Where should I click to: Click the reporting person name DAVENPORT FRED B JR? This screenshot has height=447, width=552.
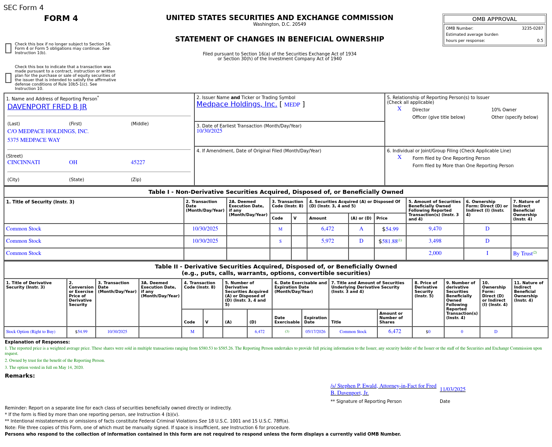point(47,107)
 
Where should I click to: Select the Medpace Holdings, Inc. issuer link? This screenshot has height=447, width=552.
point(237,104)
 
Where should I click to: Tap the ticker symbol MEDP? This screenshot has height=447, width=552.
point(292,105)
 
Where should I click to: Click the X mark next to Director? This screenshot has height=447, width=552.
point(399,109)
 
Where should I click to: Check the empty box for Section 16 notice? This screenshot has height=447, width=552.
point(8,48)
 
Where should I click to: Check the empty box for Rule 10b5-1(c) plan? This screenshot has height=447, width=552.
point(8,78)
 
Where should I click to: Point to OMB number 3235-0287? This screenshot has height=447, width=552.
point(532,28)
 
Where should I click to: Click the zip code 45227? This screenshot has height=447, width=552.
point(138,162)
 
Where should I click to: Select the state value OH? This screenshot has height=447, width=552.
point(73,162)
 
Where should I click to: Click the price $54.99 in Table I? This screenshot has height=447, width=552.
point(390,229)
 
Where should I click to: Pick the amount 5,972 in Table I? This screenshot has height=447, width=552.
point(328,241)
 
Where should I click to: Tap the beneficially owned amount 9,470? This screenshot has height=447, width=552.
point(435,229)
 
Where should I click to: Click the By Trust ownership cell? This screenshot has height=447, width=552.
point(524,254)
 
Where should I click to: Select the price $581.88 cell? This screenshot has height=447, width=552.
point(390,241)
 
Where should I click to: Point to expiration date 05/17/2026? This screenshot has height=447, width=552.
point(315,332)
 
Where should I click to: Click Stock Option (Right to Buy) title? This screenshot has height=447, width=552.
point(31,332)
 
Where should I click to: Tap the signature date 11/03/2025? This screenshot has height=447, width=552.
point(452,389)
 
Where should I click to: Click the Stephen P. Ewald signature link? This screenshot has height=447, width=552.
point(383,389)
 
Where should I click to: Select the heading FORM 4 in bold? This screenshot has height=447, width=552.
point(61,18)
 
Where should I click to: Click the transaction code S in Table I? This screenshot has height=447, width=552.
point(280,241)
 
